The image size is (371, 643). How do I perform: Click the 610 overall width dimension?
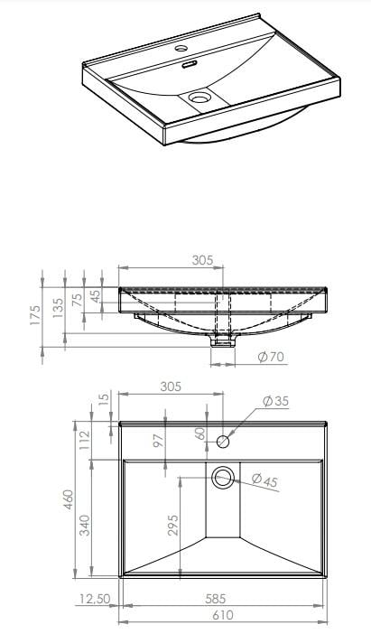(223, 615)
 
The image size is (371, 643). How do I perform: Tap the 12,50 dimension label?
(95, 598)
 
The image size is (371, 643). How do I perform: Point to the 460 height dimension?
(66, 499)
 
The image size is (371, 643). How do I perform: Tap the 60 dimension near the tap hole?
(200, 433)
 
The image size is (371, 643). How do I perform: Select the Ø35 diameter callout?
(275, 400)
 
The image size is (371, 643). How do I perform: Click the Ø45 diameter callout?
(264, 480)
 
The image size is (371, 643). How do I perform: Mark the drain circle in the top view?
(222, 477)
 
